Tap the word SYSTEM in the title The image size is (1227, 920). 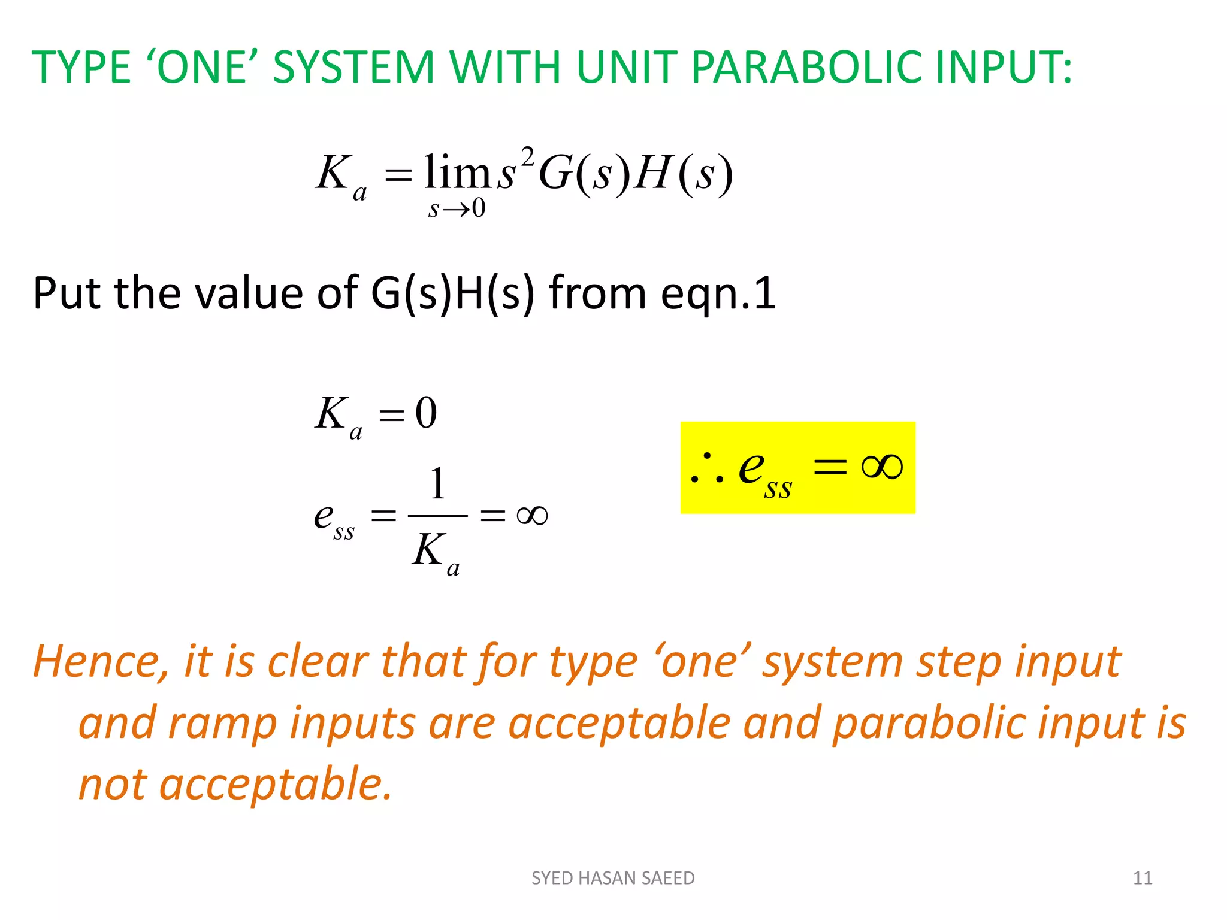[x=353, y=67]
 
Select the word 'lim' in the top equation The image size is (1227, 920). [x=457, y=172]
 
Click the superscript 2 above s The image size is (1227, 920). [x=527, y=157]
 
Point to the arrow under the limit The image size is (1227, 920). [x=456, y=209]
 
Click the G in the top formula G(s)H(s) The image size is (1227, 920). [x=556, y=174]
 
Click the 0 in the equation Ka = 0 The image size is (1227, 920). [x=426, y=413]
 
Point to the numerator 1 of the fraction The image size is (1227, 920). [x=438, y=484]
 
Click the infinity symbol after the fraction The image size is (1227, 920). [x=532, y=515]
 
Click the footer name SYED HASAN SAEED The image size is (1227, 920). [x=613, y=878]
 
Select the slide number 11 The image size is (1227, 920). [x=1143, y=878]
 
